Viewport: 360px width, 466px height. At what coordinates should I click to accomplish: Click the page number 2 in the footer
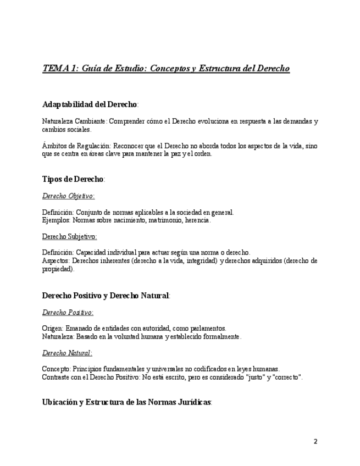pos(315,441)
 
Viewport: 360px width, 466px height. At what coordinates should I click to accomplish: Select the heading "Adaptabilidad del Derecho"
pos(90,104)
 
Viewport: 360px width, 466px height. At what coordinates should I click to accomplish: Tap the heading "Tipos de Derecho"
pos(73,179)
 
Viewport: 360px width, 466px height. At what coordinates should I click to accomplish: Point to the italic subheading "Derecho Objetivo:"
pos(68,196)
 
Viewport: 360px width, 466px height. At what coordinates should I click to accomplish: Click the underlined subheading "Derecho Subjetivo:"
pos(69,237)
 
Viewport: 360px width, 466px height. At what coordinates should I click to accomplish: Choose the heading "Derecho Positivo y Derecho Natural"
pos(106,296)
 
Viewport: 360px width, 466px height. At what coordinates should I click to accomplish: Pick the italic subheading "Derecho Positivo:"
pos(68,313)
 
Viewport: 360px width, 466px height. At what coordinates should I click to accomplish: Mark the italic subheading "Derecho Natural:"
pos(67,353)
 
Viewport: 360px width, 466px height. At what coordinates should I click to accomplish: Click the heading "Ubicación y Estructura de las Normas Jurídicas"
pos(126,402)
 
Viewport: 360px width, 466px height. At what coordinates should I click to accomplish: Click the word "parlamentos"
pos(207,329)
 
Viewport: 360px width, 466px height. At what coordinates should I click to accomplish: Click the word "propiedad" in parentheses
pos(57,269)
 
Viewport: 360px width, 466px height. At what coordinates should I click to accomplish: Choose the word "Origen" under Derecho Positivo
pos(52,329)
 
